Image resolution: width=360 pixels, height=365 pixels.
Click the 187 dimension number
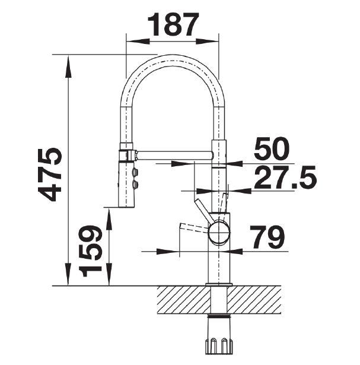tap(173, 24)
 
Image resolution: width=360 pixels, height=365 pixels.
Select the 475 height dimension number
tap(50, 174)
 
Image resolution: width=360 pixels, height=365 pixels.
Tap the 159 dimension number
tap(90, 250)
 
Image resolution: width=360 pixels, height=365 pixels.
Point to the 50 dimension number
tap(272, 148)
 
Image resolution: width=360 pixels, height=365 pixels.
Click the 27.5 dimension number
tap(285, 177)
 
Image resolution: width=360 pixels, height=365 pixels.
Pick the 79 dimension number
tap(267, 236)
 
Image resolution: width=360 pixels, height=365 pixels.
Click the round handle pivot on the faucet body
tap(219, 232)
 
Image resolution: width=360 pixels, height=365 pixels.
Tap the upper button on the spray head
tap(135, 173)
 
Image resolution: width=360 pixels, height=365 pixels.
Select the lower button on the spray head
tap(135, 185)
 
